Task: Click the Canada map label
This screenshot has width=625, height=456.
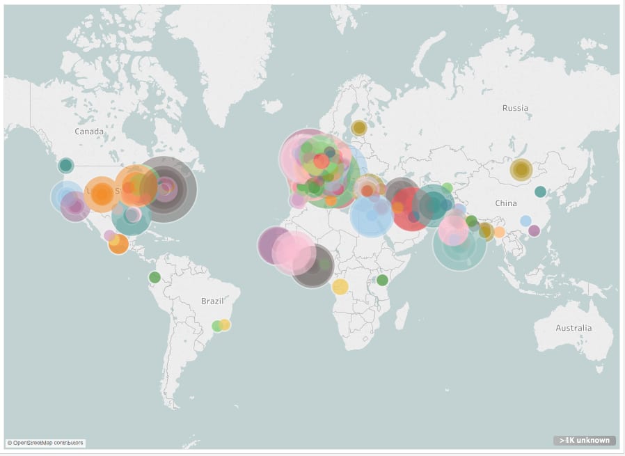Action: [x=89, y=132]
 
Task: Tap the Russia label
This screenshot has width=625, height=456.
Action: [x=515, y=108]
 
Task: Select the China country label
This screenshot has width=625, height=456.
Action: [x=506, y=203]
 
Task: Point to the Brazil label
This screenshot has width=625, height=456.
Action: [x=212, y=301]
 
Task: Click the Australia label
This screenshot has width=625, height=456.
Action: [x=573, y=328]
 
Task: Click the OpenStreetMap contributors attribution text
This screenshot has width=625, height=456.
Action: [x=46, y=442]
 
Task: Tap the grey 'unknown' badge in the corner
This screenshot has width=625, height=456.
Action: [x=585, y=440]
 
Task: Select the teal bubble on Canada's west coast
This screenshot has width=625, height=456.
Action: [x=65, y=165]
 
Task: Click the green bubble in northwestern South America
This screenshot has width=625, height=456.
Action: [x=155, y=277]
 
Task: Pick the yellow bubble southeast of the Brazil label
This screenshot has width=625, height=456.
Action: [x=225, y=324]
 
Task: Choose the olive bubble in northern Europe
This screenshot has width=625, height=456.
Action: [x=358, y=127]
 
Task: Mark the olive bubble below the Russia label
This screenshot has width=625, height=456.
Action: [x=521, y=169]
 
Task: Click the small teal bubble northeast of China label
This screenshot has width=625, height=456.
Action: [x=540, y=191]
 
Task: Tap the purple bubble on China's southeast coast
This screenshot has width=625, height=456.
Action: [x=534, y=230]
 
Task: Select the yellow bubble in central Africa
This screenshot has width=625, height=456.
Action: [x=340, y=286]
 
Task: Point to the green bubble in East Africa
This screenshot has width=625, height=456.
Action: [x=382, y=280]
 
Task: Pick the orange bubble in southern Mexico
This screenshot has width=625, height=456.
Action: [x=119, y=244]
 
